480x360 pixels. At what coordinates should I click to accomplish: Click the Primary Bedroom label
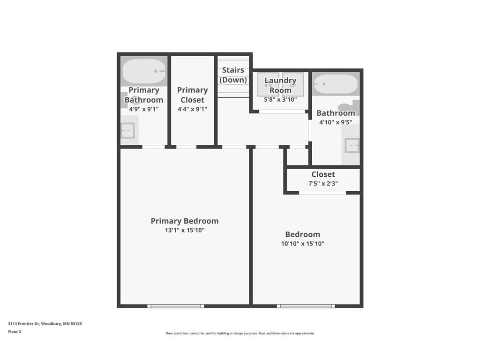click(184, 221)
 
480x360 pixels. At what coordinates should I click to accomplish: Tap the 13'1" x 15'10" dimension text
click(184, 231)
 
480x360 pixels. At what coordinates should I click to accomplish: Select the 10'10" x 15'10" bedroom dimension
click(302, 244)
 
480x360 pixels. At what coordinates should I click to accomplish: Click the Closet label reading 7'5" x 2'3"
click(323, 174)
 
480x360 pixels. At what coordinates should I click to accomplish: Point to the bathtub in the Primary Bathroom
click(144, 72)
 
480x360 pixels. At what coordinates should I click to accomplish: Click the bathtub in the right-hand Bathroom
click(336, 84)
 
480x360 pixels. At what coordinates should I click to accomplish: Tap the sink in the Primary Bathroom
click(127, 130)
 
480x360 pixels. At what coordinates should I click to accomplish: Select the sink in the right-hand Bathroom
click(352, 146)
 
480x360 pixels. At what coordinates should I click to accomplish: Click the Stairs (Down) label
click(233, 75)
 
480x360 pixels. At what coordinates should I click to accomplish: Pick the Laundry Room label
click(280, 85)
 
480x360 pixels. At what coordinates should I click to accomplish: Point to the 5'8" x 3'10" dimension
click(280, 99)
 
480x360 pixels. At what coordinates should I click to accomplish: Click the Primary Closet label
click(192, 95)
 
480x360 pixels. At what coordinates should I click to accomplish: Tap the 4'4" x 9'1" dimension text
click(192, 109)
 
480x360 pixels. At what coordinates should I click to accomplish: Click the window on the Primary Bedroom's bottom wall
click(176, 306)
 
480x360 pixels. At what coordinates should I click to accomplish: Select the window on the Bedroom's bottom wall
click(306, 306)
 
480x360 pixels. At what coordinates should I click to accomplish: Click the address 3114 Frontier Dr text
click(45, 323)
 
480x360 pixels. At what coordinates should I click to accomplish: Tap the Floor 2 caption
click(15, 332)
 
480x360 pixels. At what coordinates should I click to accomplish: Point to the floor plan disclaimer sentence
click(240, 333)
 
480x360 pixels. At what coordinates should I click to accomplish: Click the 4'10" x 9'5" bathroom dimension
click(336, 122)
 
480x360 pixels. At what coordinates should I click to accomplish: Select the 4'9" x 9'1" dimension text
click(144, 109)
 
